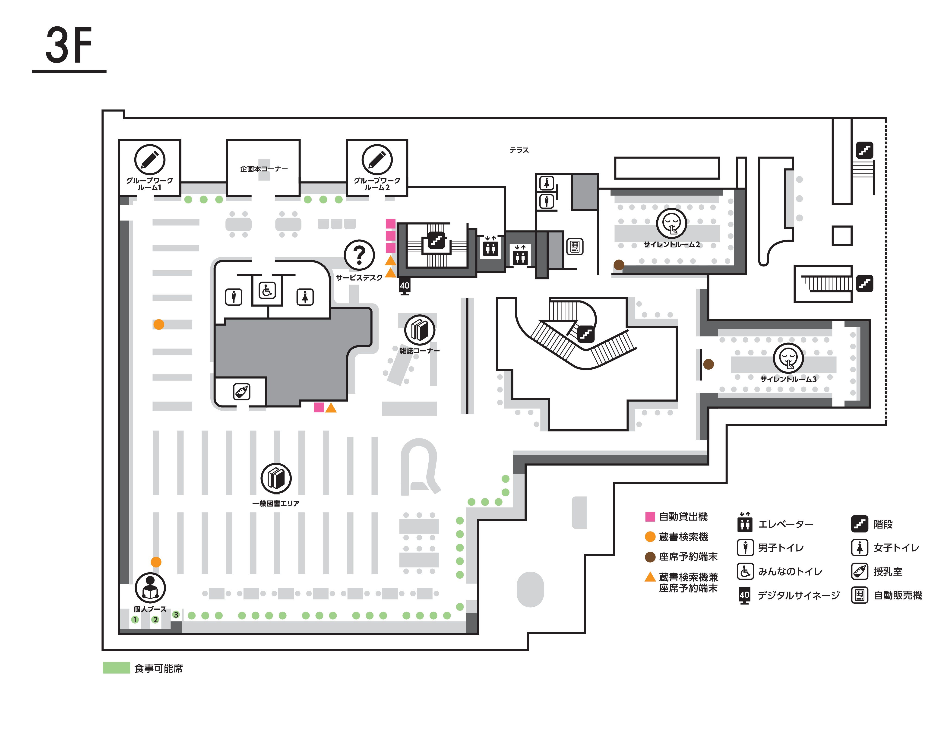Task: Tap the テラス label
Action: pyautogui.click(x=519, y=150)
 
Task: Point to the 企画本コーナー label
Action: pyautogui.click(x=264, y=169)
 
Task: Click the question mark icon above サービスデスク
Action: pyautogui.click(x=359, y=255)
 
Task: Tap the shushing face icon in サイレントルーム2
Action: pyautogui.click(x=671, y=223)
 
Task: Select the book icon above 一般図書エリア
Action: pyautogui.click(x=276, y=478)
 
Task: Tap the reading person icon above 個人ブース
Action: pyautogui.click(x=150, y=588)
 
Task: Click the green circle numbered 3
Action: pyautogui.click(x=176, y=615)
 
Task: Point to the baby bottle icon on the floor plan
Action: pyautogui.click(x=242, y=391)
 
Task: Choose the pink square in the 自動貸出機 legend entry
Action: pyautogui.click(x=650, y=516)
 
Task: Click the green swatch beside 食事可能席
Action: pyautogui.click(x=116, y=668)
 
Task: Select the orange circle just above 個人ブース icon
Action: pyautogui.click(x=156, y=562)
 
